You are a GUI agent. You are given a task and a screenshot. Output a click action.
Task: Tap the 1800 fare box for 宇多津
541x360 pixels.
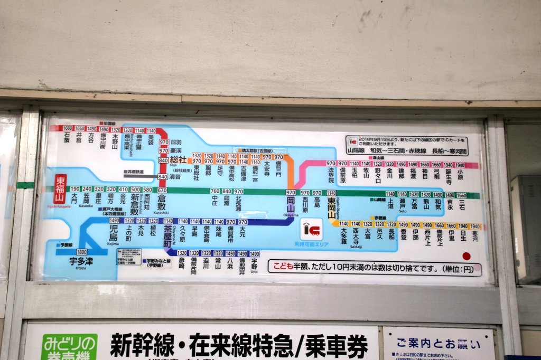(x=82, y=252)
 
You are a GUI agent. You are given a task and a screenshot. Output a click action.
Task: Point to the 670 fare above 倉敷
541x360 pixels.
(x=162, y=190)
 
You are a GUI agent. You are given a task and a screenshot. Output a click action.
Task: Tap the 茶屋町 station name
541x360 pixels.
(x=168, y=235)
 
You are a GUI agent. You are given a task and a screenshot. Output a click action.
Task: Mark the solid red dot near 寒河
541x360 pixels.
(x=466, y=256)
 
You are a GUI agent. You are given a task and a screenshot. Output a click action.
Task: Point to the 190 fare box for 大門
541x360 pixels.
(x=75, y=190)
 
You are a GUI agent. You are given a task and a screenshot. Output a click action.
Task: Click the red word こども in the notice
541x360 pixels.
(x=283, y=267)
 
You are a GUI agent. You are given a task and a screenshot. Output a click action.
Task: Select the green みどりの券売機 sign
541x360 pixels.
(x=69, y=347)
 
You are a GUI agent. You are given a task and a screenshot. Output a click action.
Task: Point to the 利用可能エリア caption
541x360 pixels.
(x=312, y=244)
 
